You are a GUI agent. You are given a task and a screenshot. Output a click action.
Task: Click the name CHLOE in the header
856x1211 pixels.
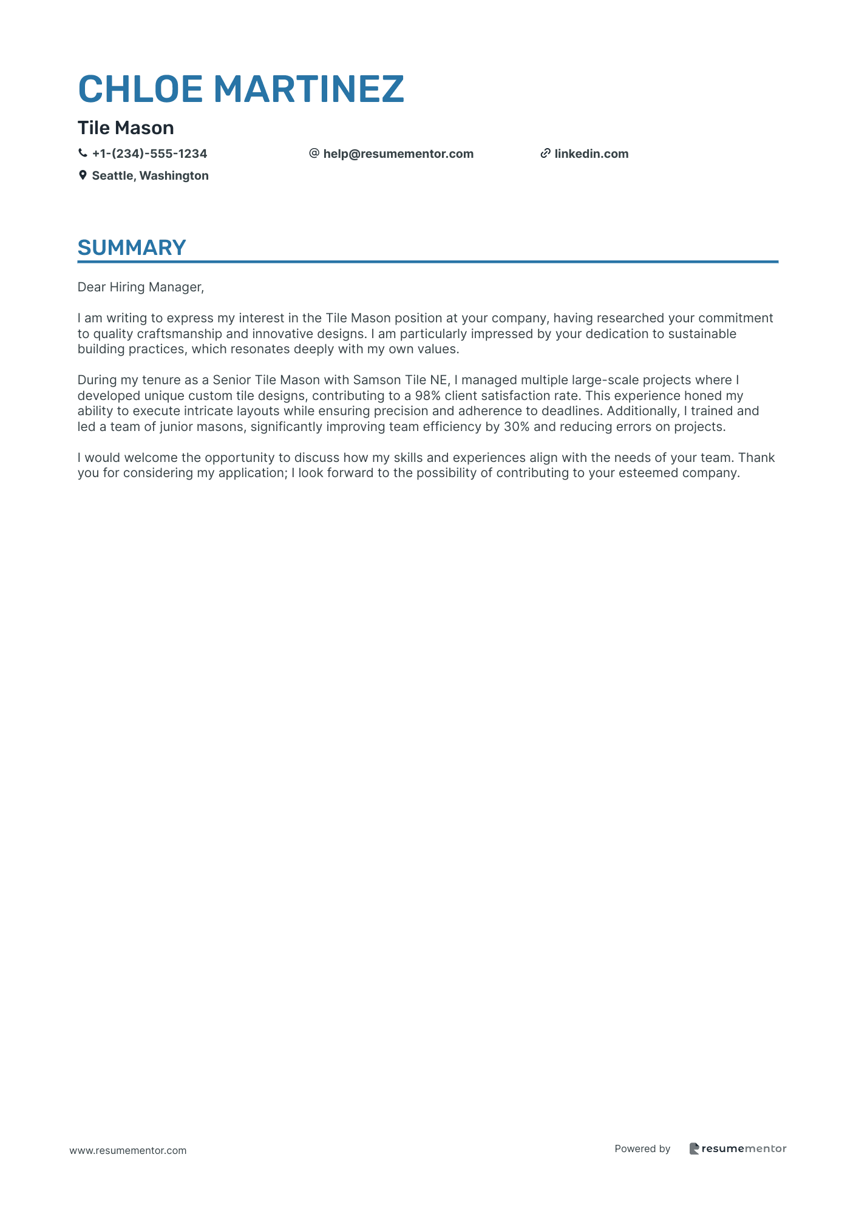click(x=140, y=89)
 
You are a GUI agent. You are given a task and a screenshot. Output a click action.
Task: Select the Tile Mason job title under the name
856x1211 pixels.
click(x=126, y=128)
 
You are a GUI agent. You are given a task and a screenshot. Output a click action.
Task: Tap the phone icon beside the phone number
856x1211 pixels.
click(x=83, y=154)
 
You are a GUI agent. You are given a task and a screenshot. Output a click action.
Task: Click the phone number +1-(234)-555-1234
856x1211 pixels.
click(x=149, y=154)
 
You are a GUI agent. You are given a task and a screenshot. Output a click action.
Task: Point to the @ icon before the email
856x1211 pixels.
click(x=314, y=154)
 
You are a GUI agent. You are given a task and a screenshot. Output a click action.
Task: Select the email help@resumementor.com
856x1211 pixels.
click(x=398, y=154)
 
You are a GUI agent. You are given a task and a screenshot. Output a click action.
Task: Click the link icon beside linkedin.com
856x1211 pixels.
click(x=545, y=154)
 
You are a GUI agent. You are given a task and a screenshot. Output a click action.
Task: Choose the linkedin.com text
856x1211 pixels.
click(x=591, y=154)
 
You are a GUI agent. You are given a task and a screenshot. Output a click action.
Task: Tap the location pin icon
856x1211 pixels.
click(x=83, y=175)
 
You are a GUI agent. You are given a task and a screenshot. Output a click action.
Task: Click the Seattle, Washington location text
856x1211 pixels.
click(x=150, y=176)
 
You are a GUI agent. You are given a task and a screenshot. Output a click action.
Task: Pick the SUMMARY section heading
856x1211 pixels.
click(x=132, y=248)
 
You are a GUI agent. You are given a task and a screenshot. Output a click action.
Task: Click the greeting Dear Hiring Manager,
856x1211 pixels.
click(x=141, y=287)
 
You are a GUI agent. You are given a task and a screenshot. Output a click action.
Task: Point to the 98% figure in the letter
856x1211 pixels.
click(x=427, y=396)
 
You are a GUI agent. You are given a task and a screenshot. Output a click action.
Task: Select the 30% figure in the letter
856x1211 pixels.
click(x=517, y=427)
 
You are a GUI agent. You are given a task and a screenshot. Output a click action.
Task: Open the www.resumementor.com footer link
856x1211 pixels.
click(x=128, y=1150)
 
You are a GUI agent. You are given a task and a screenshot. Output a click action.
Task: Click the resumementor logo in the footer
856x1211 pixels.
click(x=738, y=1148)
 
